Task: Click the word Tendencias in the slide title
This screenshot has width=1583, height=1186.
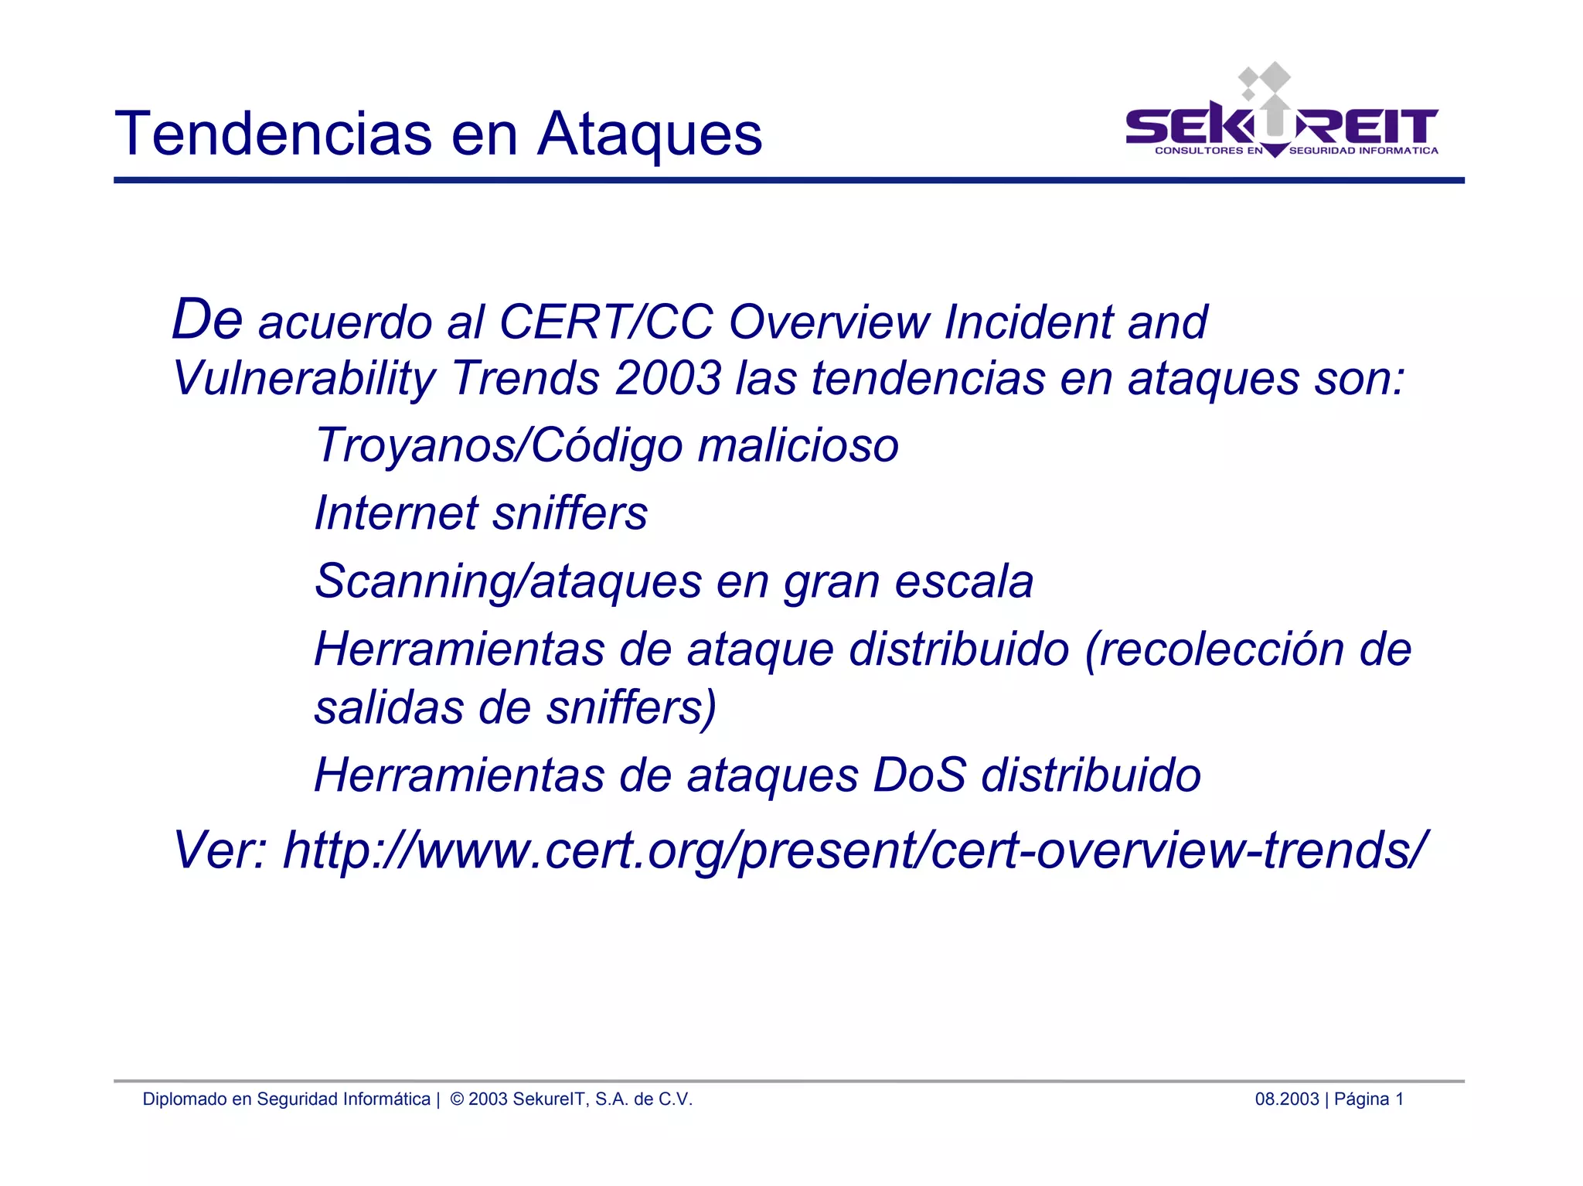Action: tap(274, 134)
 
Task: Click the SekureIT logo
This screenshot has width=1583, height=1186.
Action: tap(1282, 116)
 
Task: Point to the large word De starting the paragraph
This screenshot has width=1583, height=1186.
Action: tap(206, 319)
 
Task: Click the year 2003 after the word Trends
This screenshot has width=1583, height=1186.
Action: tap(668, 378)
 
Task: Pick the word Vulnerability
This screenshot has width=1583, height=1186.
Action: tap(304, 380)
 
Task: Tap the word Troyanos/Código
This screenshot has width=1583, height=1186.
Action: tap(499, 446)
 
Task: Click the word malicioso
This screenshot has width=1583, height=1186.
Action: tap(798, 446)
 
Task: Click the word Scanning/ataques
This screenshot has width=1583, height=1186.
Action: tap(508, 581)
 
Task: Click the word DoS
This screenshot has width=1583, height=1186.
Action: tap(920, 775)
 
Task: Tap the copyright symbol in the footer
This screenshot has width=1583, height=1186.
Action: tap(457, 1099)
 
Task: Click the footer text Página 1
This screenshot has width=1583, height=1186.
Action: tap(1369, 1099)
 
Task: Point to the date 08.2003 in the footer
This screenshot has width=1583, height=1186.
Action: tap(1286, 1099)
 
